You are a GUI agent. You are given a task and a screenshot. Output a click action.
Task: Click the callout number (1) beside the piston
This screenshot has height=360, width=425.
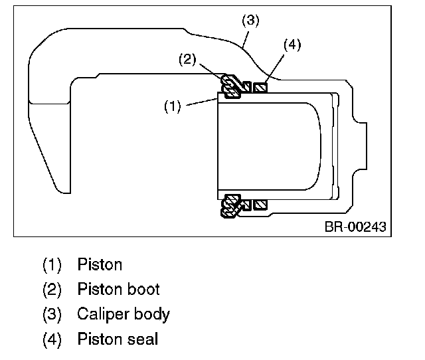(x=172, y=106)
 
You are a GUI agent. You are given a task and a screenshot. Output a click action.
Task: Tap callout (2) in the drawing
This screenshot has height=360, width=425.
(x=187, y=59)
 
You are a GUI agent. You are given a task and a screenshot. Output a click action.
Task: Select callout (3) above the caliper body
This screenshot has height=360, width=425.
(x=250, y=21)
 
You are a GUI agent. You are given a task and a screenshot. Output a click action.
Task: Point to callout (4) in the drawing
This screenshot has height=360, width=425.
(x=292, y=45)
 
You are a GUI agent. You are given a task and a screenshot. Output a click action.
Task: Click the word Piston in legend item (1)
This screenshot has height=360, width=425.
(x=100, y=264)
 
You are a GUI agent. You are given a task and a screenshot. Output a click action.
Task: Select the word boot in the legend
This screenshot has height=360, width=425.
(x=144, y=290)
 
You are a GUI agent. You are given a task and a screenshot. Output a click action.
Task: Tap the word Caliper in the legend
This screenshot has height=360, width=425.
(x=103, y=314)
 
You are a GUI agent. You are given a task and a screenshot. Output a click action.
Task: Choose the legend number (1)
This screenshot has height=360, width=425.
(x=52, y=264)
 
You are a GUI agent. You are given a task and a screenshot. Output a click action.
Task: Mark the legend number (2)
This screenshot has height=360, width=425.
(x=52, y=290)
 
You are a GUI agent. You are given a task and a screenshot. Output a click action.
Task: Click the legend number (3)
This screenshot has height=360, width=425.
(x=52, y=314)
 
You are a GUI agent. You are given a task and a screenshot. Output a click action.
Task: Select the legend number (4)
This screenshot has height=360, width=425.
(x=52, y=339)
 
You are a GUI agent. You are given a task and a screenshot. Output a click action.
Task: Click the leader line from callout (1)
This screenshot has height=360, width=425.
(x=201, y=102)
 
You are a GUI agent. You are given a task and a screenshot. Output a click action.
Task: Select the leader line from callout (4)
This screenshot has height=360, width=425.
(x=276, y=67)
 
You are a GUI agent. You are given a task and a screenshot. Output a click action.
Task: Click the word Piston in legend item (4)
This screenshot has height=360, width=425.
(x=100, y=339)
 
